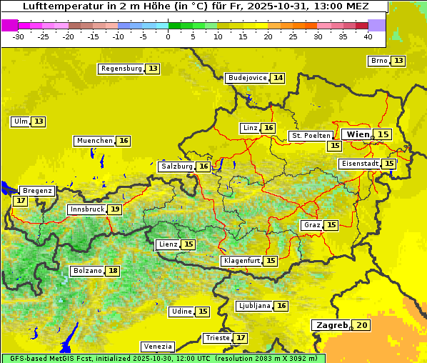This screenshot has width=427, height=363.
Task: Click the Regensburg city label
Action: [x=121, y=69]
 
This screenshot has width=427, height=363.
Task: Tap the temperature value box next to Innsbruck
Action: [x=114, y=209]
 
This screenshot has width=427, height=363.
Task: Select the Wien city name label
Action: [x=358, y=134]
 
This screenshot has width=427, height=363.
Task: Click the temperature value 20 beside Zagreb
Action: [x=362, y=325]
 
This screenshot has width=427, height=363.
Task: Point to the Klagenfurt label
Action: [x=241, y=261]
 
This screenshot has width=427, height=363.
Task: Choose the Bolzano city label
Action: [x=86, y=271]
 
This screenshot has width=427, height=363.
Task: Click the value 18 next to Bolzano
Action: [x=113, y=271]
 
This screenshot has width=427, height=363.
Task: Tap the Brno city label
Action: [x=378, y=61]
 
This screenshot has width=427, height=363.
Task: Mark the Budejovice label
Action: [x=247, y=78]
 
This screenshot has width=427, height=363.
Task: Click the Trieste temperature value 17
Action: [x=241, y=337]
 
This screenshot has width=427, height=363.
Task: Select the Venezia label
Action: [x=157, y=347]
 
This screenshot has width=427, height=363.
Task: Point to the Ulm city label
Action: [x=20, y=121]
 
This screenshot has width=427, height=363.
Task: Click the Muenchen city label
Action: [x=94, y=141]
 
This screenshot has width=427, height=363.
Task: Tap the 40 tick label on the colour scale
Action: [x=368, y=36]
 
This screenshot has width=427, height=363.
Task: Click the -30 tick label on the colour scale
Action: [x=19, y=36]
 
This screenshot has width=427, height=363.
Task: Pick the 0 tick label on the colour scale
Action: [x=168, y=36]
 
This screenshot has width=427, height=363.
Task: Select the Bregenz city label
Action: [x=37, y=191]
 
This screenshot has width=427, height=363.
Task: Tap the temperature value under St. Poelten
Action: [x=333, y=145]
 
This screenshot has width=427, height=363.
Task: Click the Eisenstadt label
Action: [x=359, y=164]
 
